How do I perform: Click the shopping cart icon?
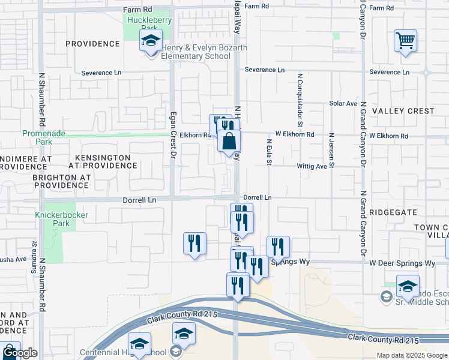[x=405, y=41]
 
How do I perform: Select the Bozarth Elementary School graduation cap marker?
[x=151, y=41]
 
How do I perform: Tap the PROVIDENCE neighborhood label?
[x=92, y=44]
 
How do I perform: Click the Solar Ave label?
[x=343, y=103]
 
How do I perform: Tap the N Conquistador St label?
[x=299, y=97]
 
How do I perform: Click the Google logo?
[x=20, y=353]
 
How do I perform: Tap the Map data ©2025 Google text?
[x=411, y=355]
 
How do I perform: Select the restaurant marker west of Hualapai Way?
[x=194, y=243]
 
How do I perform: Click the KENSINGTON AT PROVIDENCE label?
[x=99, y=160]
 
